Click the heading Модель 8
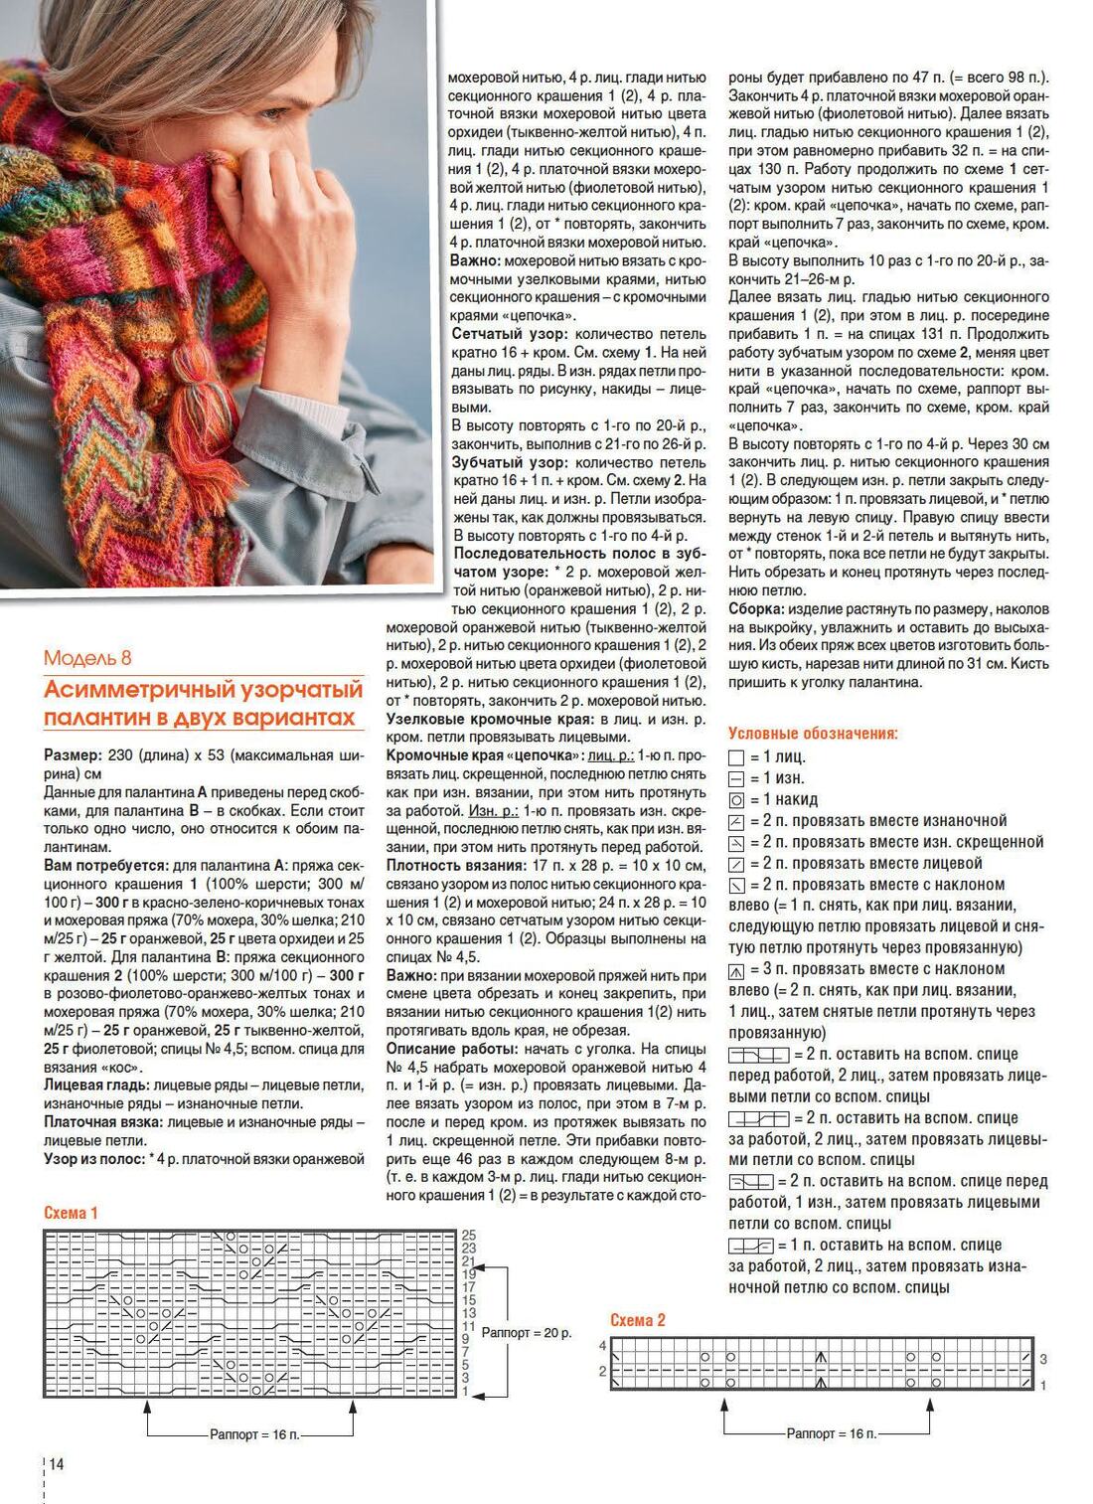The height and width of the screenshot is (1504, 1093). pyautogui.click(x=87, y=658)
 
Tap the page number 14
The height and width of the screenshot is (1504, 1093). pyautogui.click(x=56, y=1464)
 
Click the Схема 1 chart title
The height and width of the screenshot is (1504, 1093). pyautogui.click(x=71, y=1213)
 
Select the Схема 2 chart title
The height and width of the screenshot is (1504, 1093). pyautogui.click(x=637, y=1320)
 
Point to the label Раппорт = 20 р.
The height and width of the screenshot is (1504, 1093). pyautogui.click(x=527, y=1332)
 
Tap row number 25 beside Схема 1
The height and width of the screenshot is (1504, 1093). pyautogui.click(x=469, y=1236)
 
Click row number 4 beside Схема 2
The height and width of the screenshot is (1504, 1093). pyautogui.click(x=602, y=1345)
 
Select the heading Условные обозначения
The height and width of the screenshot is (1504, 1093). pyautogui.click(x=813, y=734)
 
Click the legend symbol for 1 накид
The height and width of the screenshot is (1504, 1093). pyautogui.click(x=736, y=800)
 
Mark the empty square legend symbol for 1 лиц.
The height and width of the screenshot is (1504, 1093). pyautogui.click(x=736, y=757)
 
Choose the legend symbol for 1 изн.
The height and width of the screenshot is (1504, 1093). pyautogui.click(x=736, y=779)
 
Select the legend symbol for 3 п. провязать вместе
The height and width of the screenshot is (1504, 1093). pyautogui.click(x=736, y=969)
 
